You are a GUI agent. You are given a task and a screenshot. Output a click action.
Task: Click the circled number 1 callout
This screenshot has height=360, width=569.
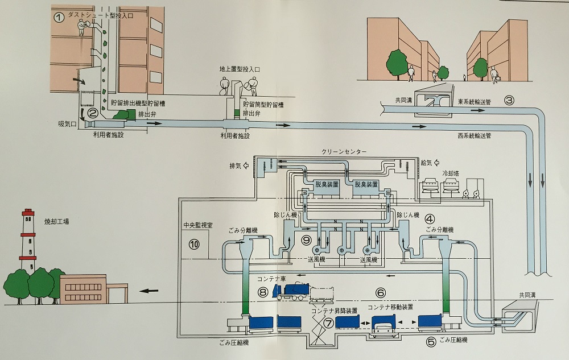[x=59, y=17]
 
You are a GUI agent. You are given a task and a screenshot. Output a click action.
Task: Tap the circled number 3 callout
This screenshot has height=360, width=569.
[x=509, y=100]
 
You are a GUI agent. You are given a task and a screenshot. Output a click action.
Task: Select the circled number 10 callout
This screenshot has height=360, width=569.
[x=194, y=245]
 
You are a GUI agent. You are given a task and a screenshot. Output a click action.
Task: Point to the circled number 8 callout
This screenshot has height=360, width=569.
[x=263, y=291]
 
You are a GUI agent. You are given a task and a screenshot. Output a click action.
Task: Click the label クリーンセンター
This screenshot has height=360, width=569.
[x=344, y=151]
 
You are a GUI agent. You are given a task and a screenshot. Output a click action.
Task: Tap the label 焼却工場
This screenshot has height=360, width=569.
[x=56, y=221]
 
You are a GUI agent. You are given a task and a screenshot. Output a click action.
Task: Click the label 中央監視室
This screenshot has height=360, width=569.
[x=198, y=225]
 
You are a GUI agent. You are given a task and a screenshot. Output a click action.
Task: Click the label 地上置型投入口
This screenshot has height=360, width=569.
[x=240, y=69]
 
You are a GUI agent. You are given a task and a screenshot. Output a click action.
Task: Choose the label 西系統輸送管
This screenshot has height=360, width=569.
[x=475, y=136]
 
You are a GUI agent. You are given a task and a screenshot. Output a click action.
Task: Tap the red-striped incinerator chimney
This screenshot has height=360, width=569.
[x=28, y=241]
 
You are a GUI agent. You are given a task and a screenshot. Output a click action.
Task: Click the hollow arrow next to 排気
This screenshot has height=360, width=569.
[x=246, y=165]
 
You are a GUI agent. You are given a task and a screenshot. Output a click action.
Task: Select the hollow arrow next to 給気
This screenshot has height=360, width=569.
[x=437, y=163]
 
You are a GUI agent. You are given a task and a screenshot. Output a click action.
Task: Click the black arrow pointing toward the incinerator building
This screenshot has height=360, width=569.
[x=149, y=291]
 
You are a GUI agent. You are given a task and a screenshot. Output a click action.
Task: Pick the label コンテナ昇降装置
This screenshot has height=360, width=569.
[x=334, y=311]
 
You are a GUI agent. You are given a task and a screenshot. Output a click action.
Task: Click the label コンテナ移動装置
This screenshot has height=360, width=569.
[x=390, y=308]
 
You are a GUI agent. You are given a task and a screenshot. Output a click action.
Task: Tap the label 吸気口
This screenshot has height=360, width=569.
[x=67, y=123]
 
